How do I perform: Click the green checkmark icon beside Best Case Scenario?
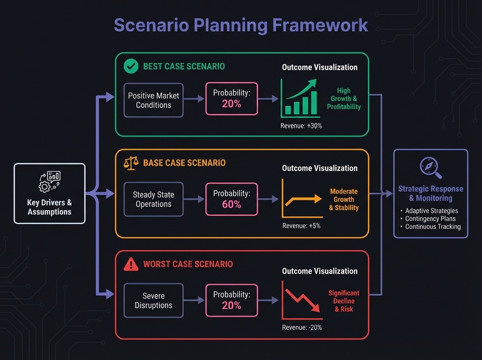[130, 66]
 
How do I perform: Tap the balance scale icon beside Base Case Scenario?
[131, 162]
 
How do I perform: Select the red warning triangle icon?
[131, 264]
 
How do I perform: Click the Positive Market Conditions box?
[153, 100]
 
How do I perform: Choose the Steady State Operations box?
[153, 199]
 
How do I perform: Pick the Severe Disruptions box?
[153, 301]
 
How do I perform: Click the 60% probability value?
[231, 205]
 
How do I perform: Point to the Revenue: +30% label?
[301, 126]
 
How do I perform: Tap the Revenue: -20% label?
[301, 327]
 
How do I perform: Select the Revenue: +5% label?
[301, 226]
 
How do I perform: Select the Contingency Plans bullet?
[431, 219]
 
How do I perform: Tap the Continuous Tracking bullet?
[433, 227]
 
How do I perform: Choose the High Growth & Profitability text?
[344, 99]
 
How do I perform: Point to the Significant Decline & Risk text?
[344, 301]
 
